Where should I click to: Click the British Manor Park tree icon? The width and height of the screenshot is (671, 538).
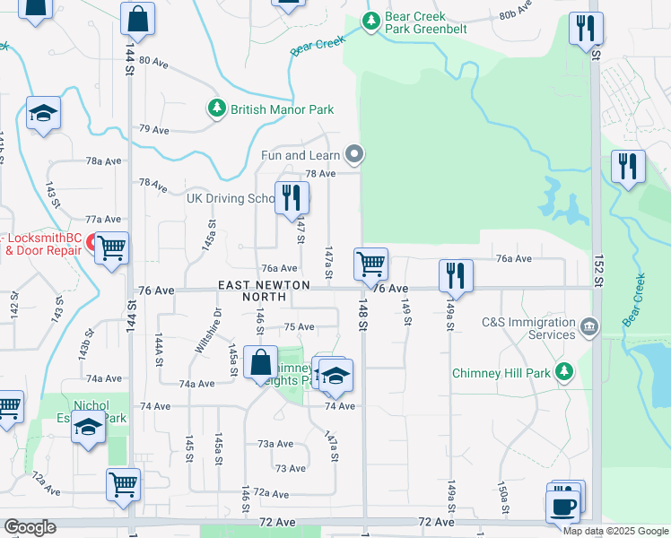216,109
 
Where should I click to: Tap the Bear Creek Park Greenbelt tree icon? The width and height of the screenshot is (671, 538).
369,20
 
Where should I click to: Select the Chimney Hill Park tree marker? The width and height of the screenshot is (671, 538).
564,371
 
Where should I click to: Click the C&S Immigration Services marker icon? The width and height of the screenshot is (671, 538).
589,326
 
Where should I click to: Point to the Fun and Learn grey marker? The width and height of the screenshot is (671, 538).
355,155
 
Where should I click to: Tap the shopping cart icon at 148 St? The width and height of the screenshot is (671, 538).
370,264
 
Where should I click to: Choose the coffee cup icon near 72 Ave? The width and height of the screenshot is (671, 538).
562,506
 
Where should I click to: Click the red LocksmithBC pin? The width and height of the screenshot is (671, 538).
91,242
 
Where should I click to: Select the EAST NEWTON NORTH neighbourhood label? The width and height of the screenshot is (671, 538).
264,291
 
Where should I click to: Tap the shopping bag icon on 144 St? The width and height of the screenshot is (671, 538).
137,17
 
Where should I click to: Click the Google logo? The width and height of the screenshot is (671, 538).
30,527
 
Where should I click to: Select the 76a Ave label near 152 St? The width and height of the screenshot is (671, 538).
514,258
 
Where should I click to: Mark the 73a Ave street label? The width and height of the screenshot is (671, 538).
275,444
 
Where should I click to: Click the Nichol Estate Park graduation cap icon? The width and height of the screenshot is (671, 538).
89,430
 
